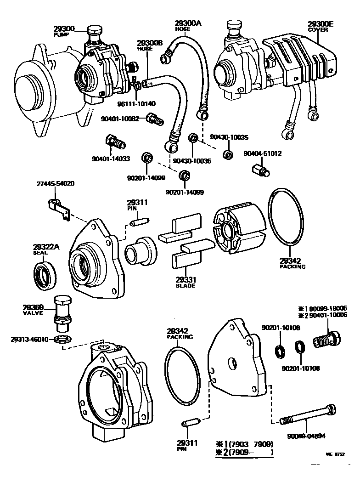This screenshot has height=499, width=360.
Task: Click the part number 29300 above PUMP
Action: (x=64, y=28)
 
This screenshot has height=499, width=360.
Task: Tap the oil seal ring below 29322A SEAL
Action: (x=45, y=275)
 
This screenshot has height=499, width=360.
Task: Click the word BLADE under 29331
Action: (x=186, y=286)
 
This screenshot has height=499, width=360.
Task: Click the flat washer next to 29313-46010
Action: (x=62, y=340)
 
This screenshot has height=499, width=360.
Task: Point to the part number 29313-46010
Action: (x=30, y=340)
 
